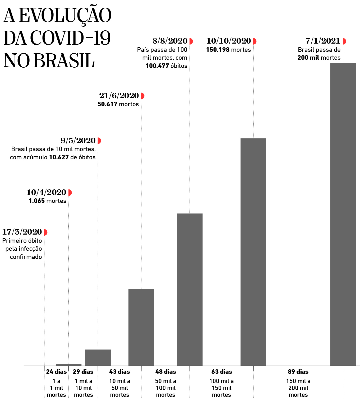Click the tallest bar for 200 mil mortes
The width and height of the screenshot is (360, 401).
click(x=343, y=214)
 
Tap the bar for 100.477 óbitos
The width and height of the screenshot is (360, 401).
click(x=190, y=289)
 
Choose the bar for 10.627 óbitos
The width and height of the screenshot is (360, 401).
click(x=98, y=357)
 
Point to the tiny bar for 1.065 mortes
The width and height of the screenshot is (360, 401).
click(x=68, y=365)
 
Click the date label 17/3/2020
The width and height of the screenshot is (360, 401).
click(x=22, y=232)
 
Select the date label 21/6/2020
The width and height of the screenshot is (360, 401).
click(x=119, y=95)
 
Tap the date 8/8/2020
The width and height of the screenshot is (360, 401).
click(x=170, y=41)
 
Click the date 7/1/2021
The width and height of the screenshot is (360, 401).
click(x=323, y=41)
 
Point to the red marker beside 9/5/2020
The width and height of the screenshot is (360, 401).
click(x=99, y=141)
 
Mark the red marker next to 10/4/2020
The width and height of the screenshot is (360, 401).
click(x=70, y=193)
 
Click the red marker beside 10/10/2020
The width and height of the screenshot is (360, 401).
click(x=255, y=41)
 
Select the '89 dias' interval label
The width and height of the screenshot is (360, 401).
click(x=298, y=372)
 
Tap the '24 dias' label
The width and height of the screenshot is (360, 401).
click(x=56, y=372)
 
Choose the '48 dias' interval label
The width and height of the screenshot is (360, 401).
click(x=166, y=372)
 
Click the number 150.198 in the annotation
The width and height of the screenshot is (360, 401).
click(x=217, y=50)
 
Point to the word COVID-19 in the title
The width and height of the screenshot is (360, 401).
click(x=70, y=38)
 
